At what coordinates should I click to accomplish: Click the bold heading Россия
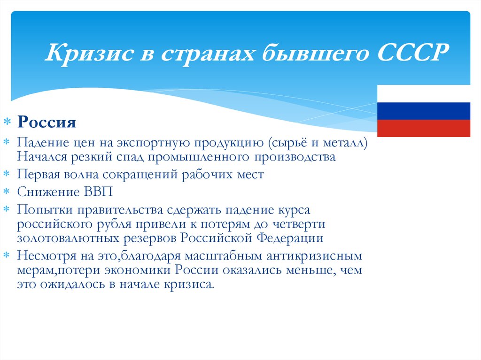(47, 123)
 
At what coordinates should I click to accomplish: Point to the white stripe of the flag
(424, 93)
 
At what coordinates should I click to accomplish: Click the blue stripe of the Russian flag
(424, 111)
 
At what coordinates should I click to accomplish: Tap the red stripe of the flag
(424, 128)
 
